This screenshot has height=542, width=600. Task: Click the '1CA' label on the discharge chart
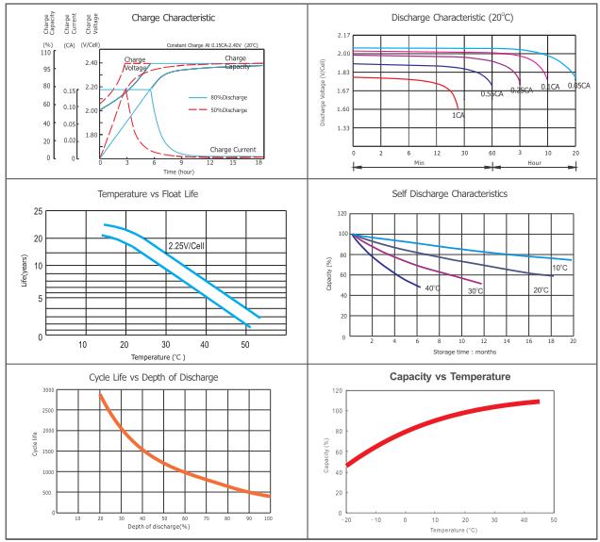click(458, 115)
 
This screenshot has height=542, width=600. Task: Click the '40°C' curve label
click(432, 287)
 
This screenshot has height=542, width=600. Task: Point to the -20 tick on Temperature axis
click(348, 520)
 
